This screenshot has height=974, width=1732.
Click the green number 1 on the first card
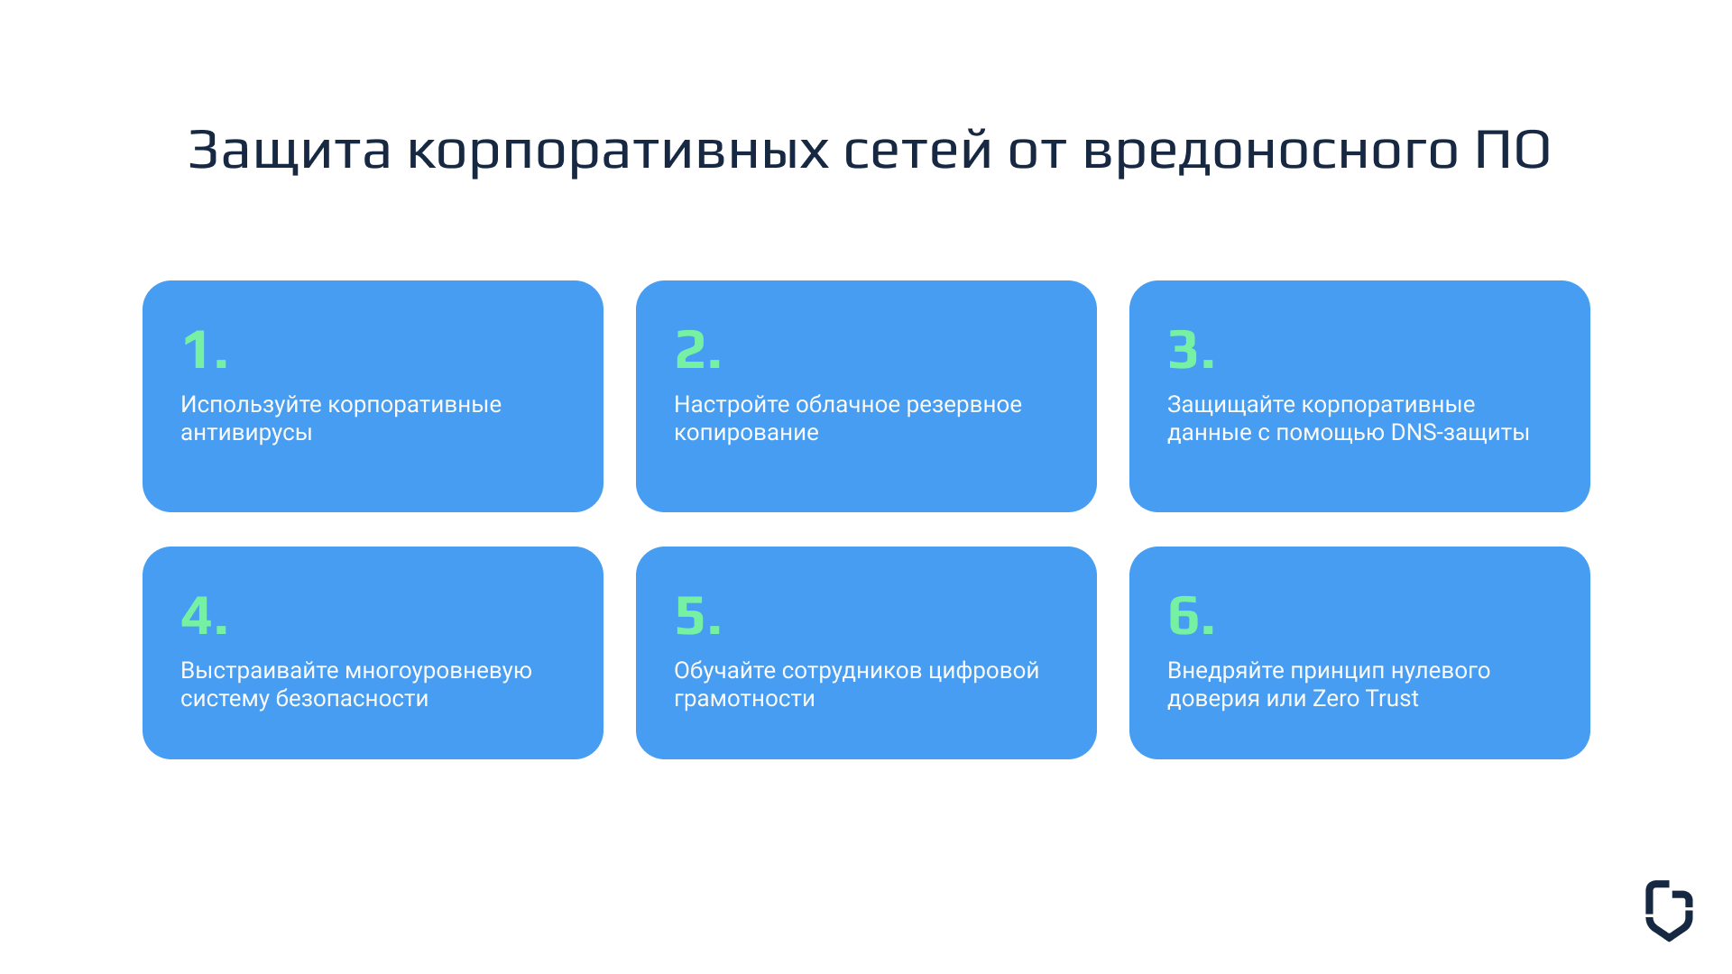click(x=198, y=350)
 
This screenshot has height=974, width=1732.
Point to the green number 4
click(x=198, y=615)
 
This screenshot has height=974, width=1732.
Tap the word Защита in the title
click(x=290, y=150)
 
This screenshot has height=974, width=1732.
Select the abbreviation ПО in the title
click(x=1513, y=150)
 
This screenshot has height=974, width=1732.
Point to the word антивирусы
click(x=246, y=433)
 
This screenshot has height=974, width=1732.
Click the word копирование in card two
click(x=746, y=433)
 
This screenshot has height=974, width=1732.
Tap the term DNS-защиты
click(x=1460, y=433)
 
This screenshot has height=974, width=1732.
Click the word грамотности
click(x=744, y=699)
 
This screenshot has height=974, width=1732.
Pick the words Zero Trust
click(x=1365, y=698)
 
